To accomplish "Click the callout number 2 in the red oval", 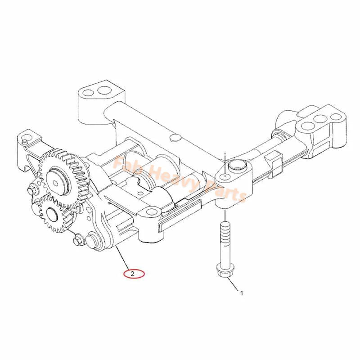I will point(132,273).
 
